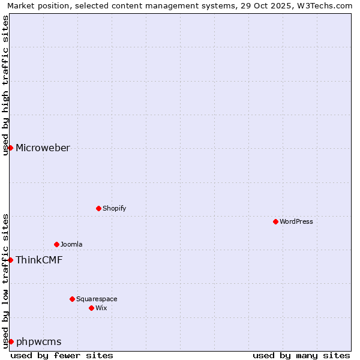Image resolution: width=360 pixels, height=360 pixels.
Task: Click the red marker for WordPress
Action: pyautogui.click(x=275, y=221)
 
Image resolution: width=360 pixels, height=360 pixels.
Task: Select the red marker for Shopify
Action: pyautogui.click(x=98, y=208)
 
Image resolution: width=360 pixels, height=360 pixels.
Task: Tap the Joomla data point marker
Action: pyautogui.click(x=56, y=244)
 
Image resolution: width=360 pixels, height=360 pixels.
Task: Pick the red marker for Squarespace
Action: pyautogui.click(x=72, y=299)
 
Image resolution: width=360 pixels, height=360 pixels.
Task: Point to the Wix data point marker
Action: pyautogui.click(x=91, y=308)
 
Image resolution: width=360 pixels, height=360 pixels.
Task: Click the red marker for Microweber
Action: pyautogui.click(x=10, y=148)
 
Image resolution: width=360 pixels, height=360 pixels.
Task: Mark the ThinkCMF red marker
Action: pyautogui.click(x=10, y=260)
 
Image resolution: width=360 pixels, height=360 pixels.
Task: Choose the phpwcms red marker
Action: pyautogui.click(x=10, y=341)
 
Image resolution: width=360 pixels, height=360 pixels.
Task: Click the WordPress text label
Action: pyautogui.click(x=296, y=221)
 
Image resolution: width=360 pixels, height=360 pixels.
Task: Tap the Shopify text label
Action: pyautogui.click(x=114, y=208)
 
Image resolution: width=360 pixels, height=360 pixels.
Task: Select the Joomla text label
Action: pyautogui.click(x=71, y=244)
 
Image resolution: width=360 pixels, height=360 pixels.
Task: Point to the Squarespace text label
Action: pyautogui.click(x=97, y=299)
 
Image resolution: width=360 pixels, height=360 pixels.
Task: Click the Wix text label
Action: pyautogui.click(x=101, y=308)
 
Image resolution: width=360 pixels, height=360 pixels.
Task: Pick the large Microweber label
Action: pyautogui.click(x=43, y=148)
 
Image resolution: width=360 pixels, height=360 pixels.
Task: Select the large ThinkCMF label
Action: pyautogui.click(x=39, y=260)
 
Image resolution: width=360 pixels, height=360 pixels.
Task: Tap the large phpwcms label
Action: pyautogui.click(x=38, y=342)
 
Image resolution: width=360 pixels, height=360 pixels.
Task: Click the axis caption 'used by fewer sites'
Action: pyautogui.click(x=62, y=355)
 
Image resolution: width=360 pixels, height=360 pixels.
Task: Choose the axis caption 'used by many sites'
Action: pyautogui.click(x=301, y=355)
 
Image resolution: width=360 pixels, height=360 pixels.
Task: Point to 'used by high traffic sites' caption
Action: pyautogui.click(x=5, y=85)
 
